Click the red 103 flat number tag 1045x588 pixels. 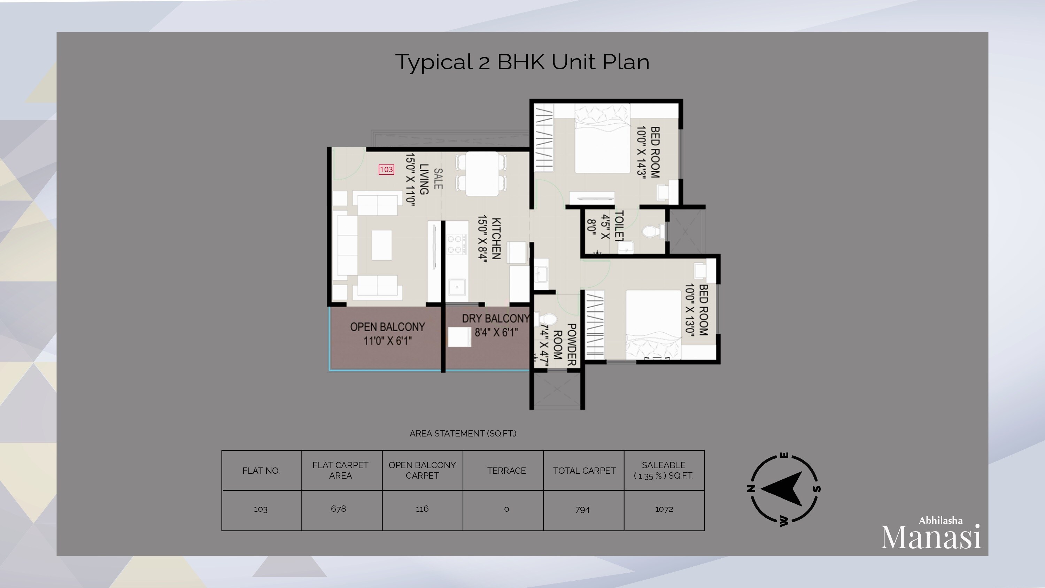(x=386, y=169)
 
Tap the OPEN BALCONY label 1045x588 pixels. (x=387, y=327)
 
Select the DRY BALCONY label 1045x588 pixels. (x=495, y=318)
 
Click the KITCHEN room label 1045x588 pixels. (x=496, y=239)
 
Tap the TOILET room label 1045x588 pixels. (x=619, y=226)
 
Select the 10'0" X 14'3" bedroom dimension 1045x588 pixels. (x=641, y=152)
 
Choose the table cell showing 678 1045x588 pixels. (x=338, y=509)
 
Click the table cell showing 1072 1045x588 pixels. (x=664, y=509)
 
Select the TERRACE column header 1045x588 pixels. (x=506, y=471)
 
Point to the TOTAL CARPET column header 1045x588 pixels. (x=584, y=471)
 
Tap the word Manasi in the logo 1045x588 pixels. (x=931, y=537)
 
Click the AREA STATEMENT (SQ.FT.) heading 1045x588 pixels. (x=463, y=433)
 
